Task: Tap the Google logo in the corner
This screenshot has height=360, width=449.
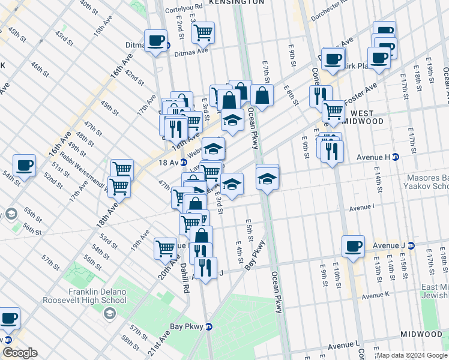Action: click(x=19, y=353)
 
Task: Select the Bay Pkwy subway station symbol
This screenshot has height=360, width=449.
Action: click(x=209, y=326)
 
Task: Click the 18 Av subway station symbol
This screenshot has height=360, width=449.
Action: click(x=183, y=163)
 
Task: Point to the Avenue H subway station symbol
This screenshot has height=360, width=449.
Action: click(x=396, y=157)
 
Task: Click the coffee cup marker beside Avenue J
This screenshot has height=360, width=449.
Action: click(x=353, y=245)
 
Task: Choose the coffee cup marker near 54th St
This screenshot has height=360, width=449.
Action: click(x=24, y=165)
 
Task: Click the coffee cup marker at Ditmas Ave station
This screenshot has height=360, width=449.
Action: click(x=156, y=41)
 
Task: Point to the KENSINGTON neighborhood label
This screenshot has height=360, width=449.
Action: click(x=237, y=2)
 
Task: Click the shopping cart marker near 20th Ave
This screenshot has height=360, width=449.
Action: click(x=165, y=248)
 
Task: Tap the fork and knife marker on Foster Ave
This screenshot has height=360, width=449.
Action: click(x=320, y=95)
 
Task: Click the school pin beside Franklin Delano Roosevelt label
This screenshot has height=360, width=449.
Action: click(x=109, y=313)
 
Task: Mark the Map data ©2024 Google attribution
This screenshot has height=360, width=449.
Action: click(x=412, y=355)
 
